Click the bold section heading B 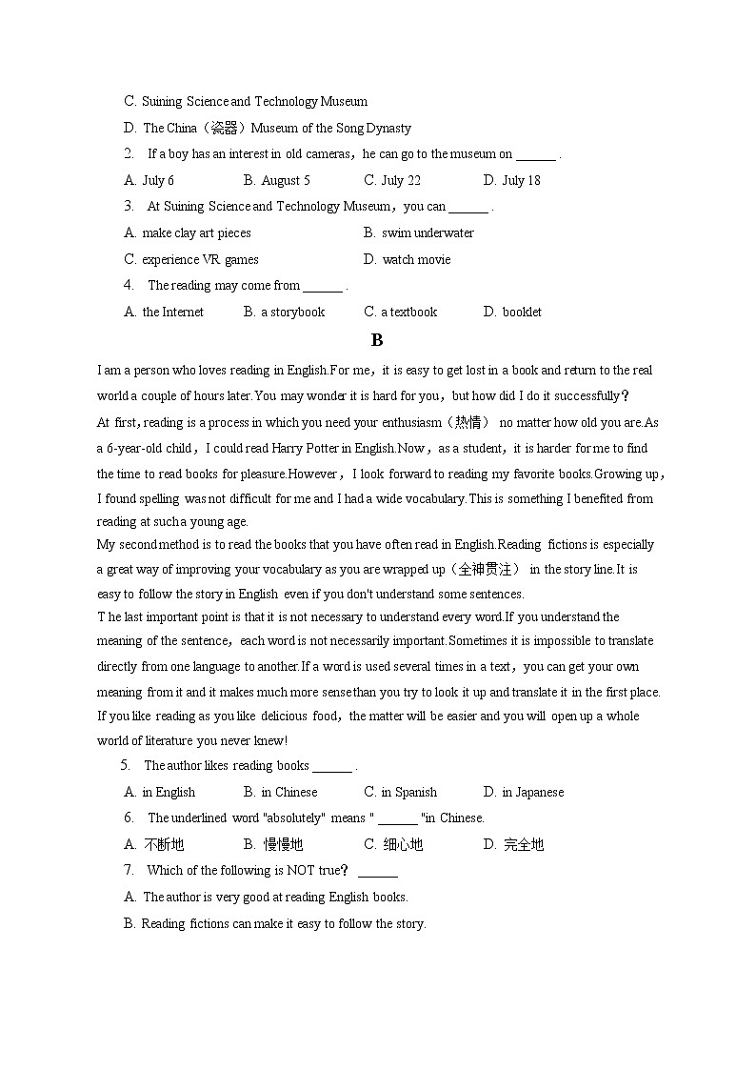(x=377, y=340)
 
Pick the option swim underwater (x=427, y=232)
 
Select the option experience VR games (x=199, y=259)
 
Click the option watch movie (x=416, y=259)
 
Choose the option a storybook (x=292, y=312)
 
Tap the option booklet (x=521, y=312)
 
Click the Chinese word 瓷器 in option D (x=224, y=128)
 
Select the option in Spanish (x=408, y=792)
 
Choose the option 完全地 (x=523, y=844)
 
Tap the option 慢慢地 (x=283, y=844)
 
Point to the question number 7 (x=129, y=870)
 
